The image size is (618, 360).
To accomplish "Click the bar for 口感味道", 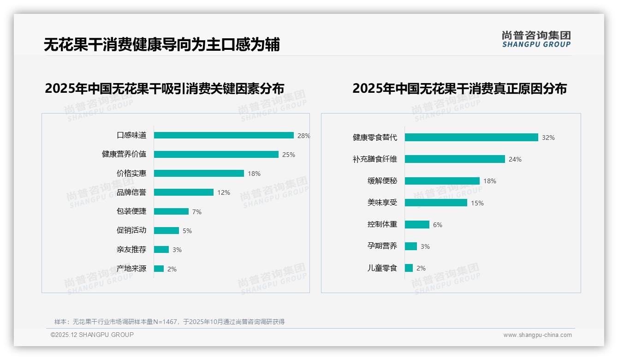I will point(224,135).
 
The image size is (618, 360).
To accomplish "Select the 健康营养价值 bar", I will point(216,154).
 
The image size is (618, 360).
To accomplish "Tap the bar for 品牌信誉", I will point(184,192).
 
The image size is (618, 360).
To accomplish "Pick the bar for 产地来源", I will point(159,269).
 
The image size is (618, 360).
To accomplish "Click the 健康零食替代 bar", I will point(471,138).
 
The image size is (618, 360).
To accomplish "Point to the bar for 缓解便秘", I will point(442,181).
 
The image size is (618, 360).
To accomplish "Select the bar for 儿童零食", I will point(409,268).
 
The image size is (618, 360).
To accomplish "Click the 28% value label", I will point(303,136).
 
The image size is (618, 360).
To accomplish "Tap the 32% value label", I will point(548,138).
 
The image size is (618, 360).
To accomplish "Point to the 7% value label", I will point(197,212).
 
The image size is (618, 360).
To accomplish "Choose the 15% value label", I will point(477,203).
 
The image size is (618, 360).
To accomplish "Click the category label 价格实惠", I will point(131,174).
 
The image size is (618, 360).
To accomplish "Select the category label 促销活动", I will point(131,230).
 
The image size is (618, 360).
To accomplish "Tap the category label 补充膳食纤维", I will point(375,159).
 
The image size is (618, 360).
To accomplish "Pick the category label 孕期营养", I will point(382,246).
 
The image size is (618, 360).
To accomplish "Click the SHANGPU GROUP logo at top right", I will point(536,39).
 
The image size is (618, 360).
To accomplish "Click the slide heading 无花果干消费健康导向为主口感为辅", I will point(161,45).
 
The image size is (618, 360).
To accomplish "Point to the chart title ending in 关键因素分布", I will point(164,89).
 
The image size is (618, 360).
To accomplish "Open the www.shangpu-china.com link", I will point(537,335).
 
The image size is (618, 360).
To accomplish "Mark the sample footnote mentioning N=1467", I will point(169,322).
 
